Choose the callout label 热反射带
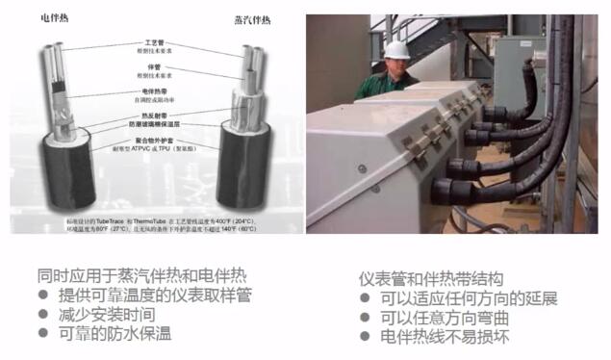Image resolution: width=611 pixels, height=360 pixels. click(x=152, y=115)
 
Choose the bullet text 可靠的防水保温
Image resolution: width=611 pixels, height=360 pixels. click(x=117, y=334)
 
